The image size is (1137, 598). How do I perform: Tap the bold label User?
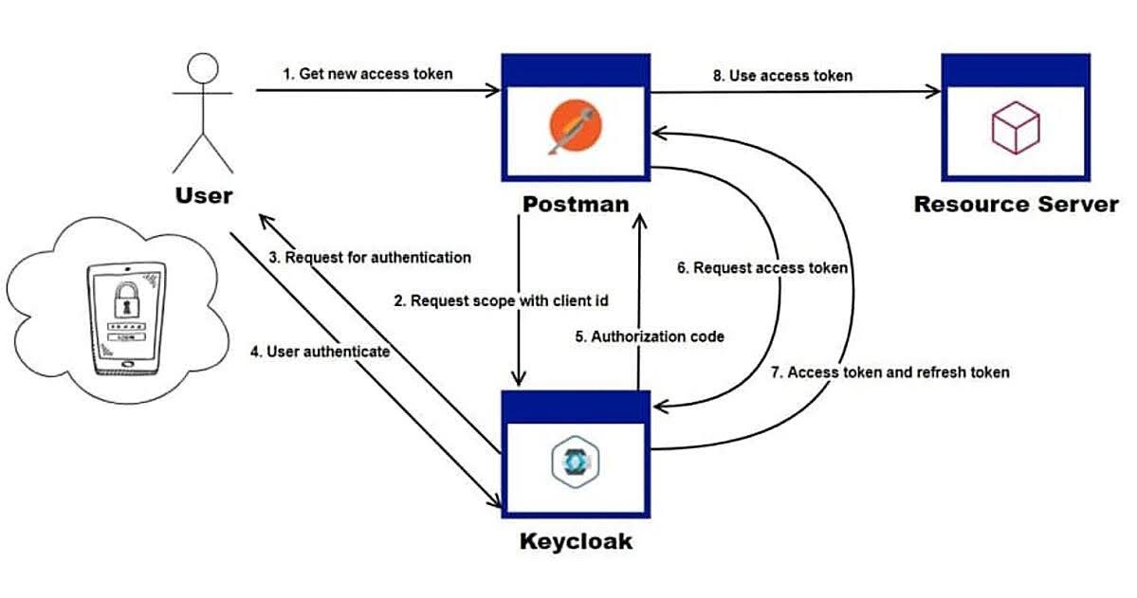[x=203, y=196]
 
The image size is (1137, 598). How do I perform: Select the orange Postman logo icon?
[x=575, y=129]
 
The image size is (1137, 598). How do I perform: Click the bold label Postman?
[x=576, y=204]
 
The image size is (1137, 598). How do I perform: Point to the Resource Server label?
[x=1016, y=204]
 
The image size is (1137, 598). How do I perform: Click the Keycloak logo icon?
[x=576, y=462]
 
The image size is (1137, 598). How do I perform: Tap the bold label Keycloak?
[x=576, y=542]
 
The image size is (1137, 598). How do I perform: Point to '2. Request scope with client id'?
[x=501, y=300]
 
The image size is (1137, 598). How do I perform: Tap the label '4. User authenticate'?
[x=321, y=352]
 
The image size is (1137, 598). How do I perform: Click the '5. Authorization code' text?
[x=651, y=335]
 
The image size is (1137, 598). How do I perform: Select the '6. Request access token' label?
[x=761, y=268]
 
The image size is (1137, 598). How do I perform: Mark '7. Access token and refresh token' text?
[x=889, y=372]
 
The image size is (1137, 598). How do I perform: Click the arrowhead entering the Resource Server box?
[x=935, y=92]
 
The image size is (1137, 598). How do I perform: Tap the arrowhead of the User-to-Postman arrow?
[x=494, y=92]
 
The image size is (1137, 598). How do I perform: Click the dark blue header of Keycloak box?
[x=576, y=406]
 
